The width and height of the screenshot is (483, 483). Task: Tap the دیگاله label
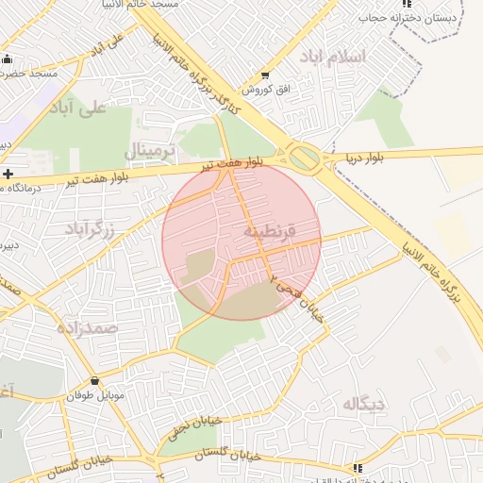tap(364, 405)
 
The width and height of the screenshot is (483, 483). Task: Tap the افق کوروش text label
tap(264, 90)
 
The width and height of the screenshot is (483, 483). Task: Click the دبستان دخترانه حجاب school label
tap(412, 16)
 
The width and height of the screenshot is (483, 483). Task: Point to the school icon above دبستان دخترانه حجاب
tap(407, 3)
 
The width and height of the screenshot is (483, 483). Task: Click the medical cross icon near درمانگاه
tap(8, 174)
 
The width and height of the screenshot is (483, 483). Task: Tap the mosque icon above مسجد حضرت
tap(8, 58)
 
